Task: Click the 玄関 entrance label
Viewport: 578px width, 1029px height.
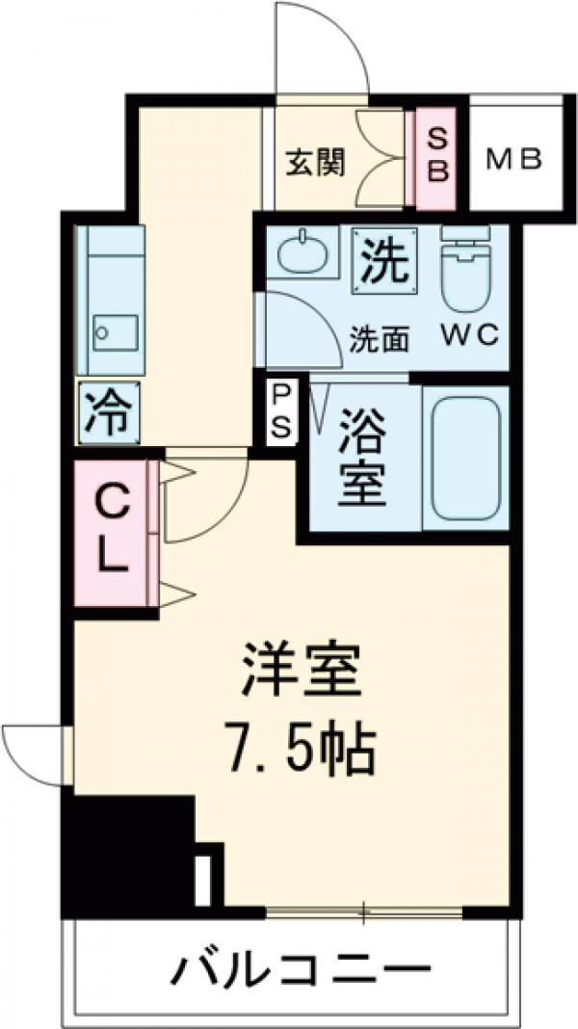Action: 314,164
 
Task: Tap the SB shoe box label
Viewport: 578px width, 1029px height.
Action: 437,156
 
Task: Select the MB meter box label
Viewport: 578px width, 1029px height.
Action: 514,157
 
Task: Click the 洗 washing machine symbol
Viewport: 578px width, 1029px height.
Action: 384,258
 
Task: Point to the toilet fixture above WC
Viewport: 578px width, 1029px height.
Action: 464,270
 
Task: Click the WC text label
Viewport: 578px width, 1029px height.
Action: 470,336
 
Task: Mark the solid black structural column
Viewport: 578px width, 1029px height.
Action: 125,848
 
